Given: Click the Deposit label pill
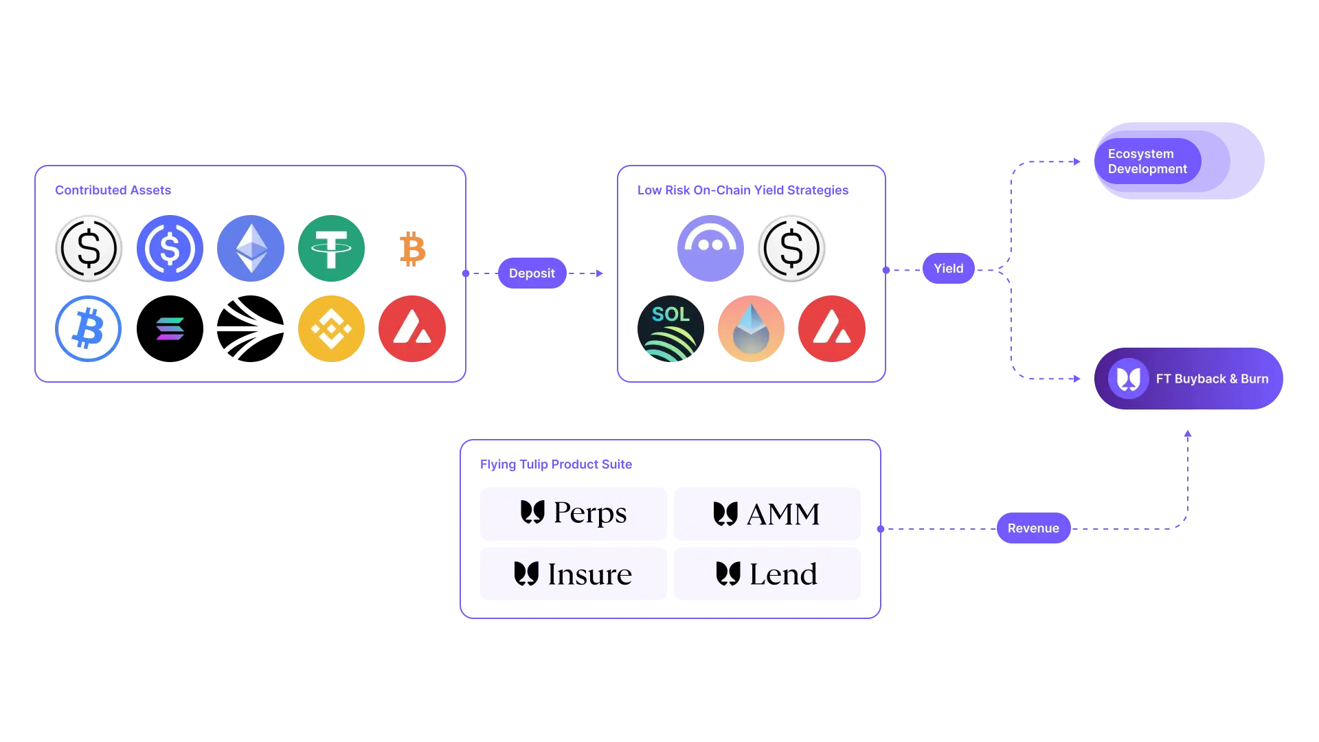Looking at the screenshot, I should click(532, 273).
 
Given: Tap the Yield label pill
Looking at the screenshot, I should click(948, 269).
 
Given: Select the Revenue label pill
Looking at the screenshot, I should click(1033, 528).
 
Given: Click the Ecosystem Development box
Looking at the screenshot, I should click(1179, 162).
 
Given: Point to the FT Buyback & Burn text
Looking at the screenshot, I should click(1212, 379).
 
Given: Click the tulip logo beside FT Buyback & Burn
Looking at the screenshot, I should click(1128, 379).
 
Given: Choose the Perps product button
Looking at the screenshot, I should click(573, 513).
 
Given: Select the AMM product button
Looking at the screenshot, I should click(767, 514).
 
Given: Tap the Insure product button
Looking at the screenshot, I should click(573, 574).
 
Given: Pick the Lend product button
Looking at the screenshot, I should click(767, 574).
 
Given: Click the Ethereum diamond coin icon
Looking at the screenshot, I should click(251, 249).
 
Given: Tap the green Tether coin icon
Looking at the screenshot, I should click(331, 249).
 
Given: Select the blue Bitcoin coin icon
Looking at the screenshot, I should click(89, 329).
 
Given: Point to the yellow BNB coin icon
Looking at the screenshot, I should click(331, 329).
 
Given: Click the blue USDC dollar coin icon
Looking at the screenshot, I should click(170, 249).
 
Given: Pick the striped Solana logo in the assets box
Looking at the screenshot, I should click(170, 329).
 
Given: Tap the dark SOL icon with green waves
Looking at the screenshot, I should click(670, 329).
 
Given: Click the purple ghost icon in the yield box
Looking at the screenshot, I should click(710, 249).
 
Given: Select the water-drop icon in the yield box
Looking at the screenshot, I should click(751, 329).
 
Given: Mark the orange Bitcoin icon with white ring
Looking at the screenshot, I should click(412, 249).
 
